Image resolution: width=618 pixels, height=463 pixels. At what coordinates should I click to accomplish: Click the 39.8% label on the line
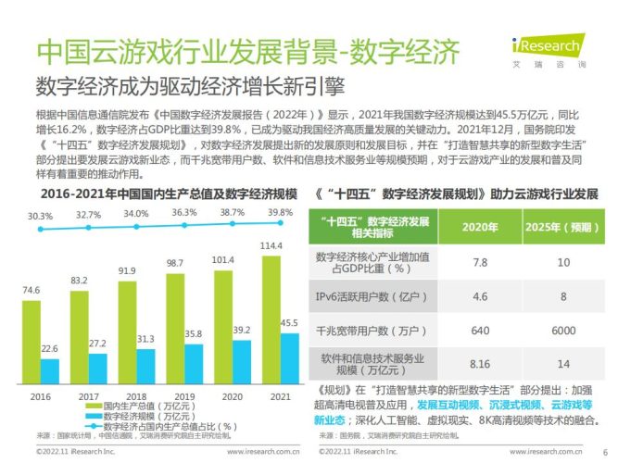pos(282,212)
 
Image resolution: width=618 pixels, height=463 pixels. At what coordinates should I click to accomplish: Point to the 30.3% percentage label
pos(40,215)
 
